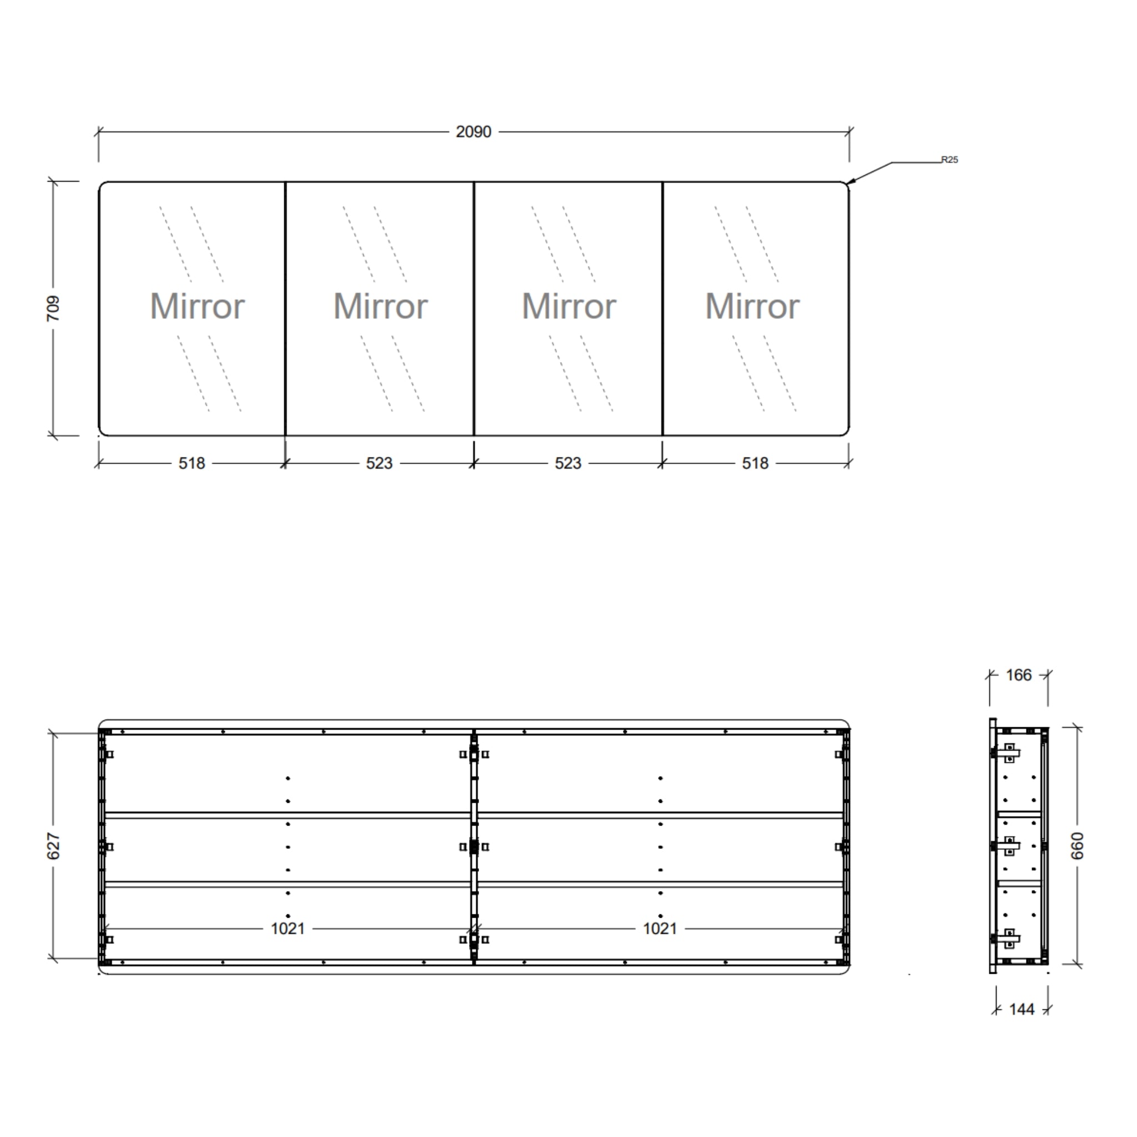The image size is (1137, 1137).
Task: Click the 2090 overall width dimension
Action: pos(473,132)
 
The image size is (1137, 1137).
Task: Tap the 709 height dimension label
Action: pos(53,308)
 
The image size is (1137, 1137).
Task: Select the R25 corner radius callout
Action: pos(950,159)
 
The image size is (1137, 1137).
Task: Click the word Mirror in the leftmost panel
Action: pos(197,306)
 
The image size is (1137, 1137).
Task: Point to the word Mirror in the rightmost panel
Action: pos(752,306)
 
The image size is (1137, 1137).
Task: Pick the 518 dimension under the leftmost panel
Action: pos(192,464)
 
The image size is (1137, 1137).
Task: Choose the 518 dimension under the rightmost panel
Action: pos(755,464)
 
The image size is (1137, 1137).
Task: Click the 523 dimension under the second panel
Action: pos(379,464)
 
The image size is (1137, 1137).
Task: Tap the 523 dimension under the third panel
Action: pos(568,464)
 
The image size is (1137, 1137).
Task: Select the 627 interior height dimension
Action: pos(53,846)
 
